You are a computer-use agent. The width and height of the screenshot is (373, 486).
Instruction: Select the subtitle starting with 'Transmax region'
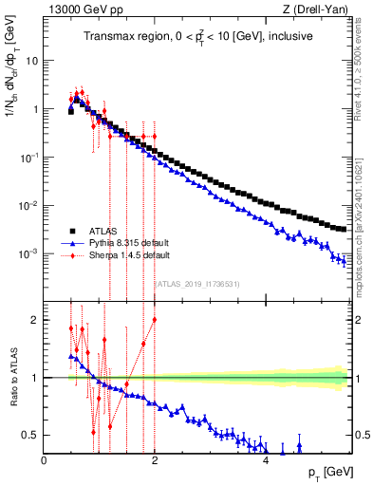tap(196, 36)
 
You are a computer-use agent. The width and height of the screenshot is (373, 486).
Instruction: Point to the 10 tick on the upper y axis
tap(32, 60)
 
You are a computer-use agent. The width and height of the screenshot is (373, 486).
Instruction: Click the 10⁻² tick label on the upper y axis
tap(30, 206)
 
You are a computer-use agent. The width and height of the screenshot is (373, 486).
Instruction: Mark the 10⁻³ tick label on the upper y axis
tap(30, 254)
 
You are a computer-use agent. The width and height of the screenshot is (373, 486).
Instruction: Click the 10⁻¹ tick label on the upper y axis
tap(30, 158)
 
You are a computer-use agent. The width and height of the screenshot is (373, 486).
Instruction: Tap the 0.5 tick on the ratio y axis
tap(30, 435)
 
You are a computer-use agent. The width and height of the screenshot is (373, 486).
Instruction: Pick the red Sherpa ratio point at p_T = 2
tap(155, 320)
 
